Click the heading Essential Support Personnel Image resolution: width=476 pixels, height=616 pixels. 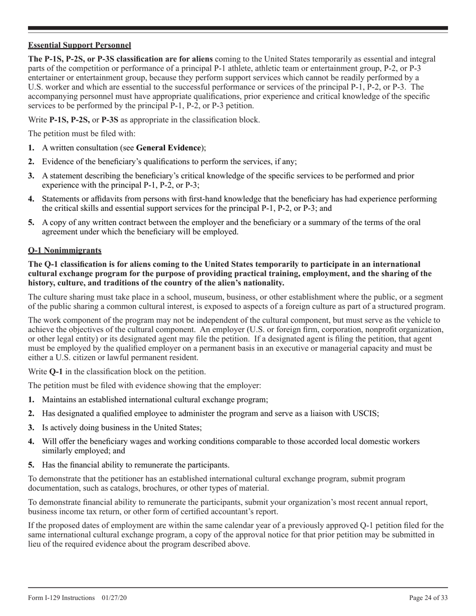[80, 46]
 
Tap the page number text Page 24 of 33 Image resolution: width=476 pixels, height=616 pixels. [428, 598]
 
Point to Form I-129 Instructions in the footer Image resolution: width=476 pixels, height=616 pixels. [62, 598]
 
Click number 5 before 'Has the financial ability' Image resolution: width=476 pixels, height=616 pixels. [31, 465]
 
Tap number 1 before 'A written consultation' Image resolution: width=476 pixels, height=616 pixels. [31, 148]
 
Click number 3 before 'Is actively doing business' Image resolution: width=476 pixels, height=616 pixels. [31, 428]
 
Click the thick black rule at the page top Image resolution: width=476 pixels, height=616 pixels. [238, 28]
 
